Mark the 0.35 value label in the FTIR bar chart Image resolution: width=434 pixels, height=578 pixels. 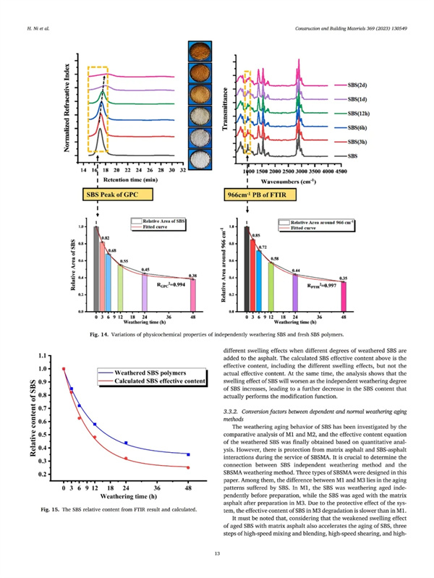coord(343,278)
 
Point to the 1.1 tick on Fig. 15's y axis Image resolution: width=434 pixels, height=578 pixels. coord(50,356)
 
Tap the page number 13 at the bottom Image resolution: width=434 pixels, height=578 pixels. coord(217,553)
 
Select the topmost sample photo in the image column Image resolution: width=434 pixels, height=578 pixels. coord(197,52)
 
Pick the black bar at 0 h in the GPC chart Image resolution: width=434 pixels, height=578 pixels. coord(96,268)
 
